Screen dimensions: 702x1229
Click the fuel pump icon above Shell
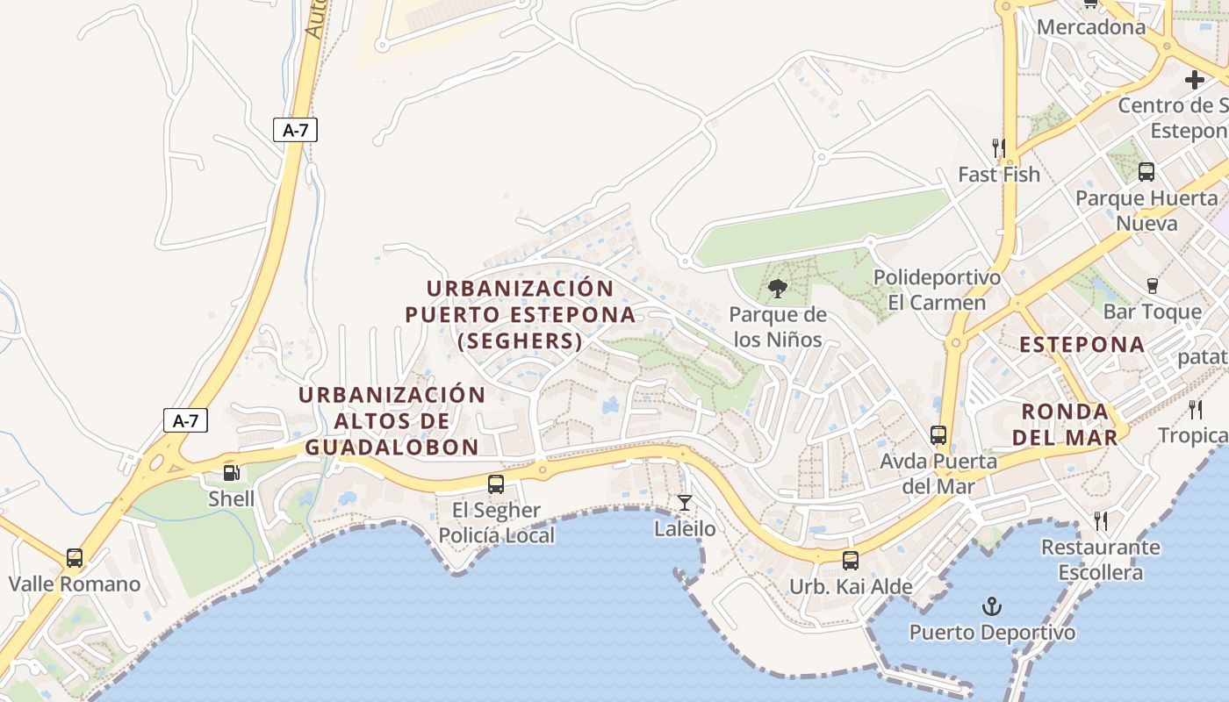232,473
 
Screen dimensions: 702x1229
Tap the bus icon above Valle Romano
75,558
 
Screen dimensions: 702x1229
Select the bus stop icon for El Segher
496,484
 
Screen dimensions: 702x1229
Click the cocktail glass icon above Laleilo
685,503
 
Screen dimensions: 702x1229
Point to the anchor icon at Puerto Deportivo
991,606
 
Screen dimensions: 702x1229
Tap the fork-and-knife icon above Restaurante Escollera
1101,521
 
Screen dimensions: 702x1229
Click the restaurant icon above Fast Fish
998,147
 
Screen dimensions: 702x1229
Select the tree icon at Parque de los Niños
777,289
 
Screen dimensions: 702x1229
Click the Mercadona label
1091,27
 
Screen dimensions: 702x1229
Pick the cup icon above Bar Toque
1152,285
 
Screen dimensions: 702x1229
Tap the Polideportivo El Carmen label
937,290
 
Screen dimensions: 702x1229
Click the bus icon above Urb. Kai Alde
850,560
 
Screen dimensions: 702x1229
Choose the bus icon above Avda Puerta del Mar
938,434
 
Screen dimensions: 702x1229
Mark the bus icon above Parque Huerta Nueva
1146,172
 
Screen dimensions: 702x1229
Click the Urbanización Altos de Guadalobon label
392,421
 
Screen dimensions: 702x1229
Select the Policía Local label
496,535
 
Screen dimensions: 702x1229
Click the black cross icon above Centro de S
1195,80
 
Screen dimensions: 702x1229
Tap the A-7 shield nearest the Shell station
186,420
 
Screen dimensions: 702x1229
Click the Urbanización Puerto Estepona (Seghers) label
520,314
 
